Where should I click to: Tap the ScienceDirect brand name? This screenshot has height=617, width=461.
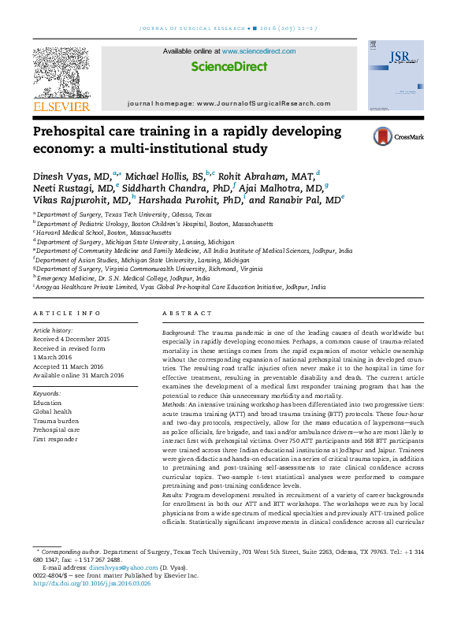coord(229,67)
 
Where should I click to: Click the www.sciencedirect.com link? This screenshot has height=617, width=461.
coord(258,51)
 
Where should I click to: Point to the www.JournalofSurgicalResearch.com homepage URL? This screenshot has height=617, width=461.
coord(266,104)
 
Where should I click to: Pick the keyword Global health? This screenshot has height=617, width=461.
coord(52,411)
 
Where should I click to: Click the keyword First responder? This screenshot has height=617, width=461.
coord(55,439)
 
